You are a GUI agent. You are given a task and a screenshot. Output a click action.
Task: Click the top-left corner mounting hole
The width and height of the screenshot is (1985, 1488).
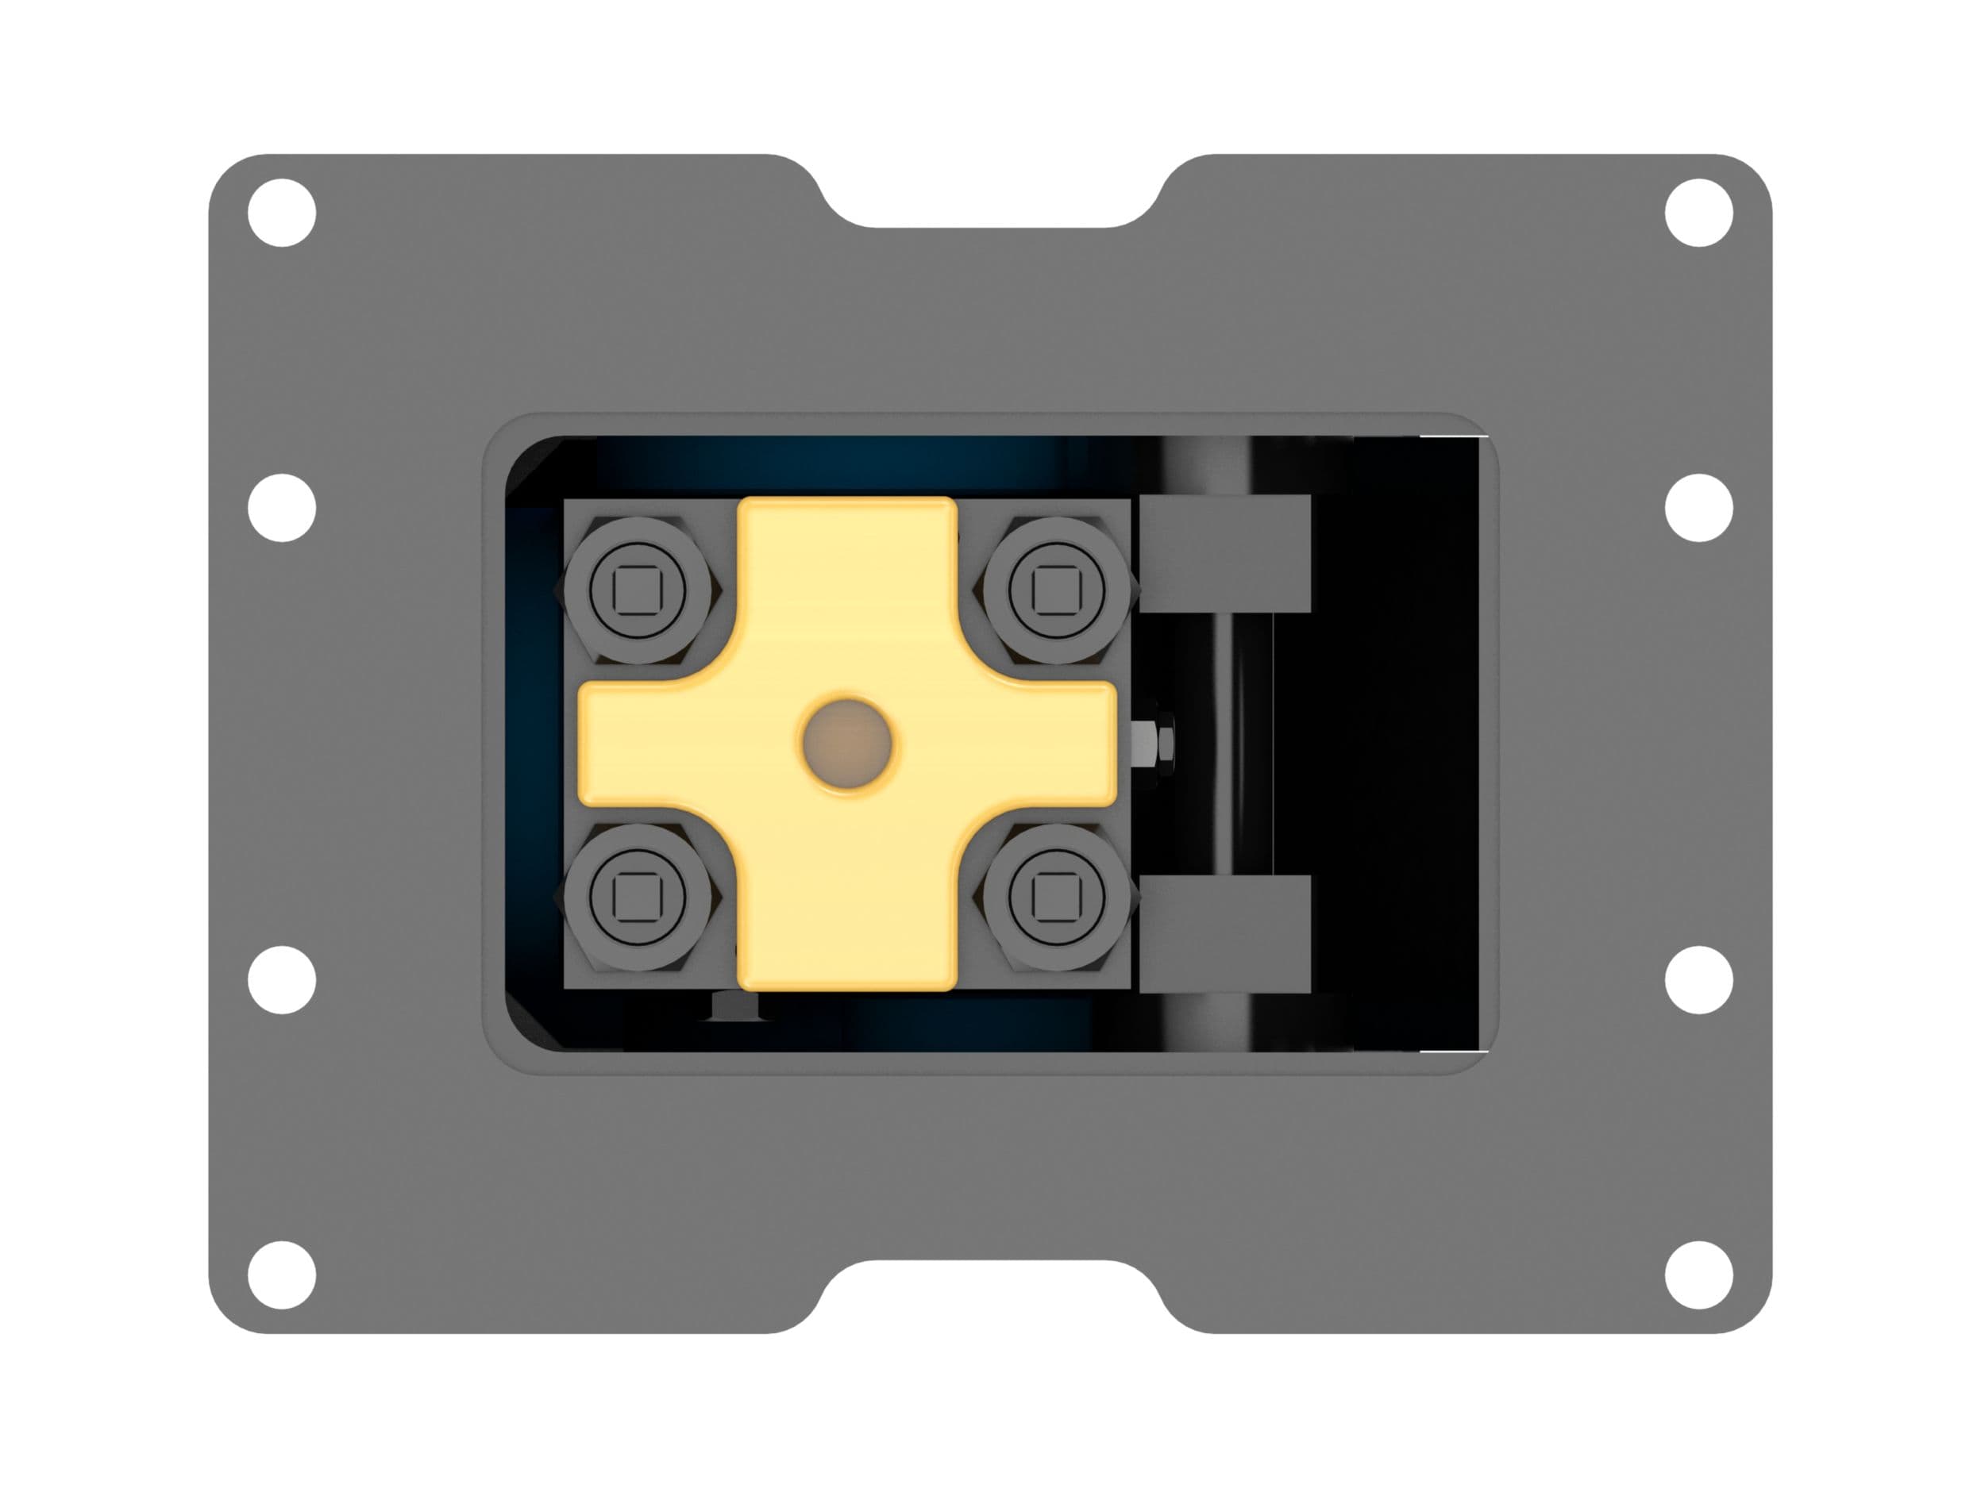tap(282, 213)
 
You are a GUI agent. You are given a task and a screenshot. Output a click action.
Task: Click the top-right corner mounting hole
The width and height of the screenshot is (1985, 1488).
tap(1698, 213)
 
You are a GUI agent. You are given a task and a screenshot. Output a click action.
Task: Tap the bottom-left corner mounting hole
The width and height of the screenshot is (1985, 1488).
tap(282, 1275)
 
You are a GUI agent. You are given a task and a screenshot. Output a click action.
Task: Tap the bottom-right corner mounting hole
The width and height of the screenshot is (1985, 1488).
tap(1698, 1275)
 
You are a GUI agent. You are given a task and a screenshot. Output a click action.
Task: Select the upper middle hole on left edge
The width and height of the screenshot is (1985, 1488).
tap(282, 508)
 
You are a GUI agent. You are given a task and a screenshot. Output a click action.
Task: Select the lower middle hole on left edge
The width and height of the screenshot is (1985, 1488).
tap(282, 979)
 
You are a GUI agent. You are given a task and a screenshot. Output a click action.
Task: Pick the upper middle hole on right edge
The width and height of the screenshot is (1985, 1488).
tap(1698, 508)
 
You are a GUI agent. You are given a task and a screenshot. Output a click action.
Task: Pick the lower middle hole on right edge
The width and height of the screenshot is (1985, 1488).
tap(1698, 979)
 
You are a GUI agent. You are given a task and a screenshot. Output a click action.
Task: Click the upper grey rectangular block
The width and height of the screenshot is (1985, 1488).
tap(1225, 553)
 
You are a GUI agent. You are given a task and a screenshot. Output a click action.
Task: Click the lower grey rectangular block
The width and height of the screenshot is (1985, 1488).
tap(1225, 935)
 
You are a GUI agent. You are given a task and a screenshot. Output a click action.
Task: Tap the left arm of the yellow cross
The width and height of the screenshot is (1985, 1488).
tap(646, 743)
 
